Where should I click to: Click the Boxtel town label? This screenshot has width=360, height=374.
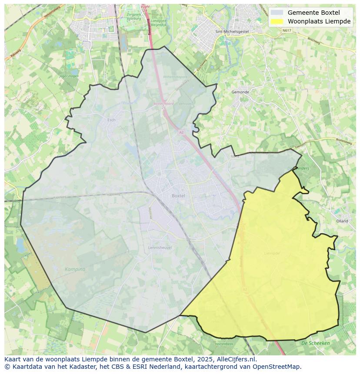pos(178,196)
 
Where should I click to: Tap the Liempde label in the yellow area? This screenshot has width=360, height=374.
pos(272,253)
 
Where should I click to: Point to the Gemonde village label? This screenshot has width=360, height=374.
pos(240,92)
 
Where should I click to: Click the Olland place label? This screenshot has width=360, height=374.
pos(342,221)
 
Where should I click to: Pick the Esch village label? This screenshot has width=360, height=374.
pos(111,120)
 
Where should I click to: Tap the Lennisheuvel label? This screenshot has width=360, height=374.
pos(160,248)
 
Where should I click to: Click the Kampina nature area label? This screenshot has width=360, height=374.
pos(75,269)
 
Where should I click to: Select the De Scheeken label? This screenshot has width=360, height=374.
pos(315,343)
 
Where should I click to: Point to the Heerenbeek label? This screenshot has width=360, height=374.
pos(224,344)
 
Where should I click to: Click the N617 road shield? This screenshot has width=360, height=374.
pos(287,30)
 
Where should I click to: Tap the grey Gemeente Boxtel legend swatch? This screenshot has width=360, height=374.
pos(277,13)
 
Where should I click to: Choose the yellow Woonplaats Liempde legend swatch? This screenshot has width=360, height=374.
pos(277,21)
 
